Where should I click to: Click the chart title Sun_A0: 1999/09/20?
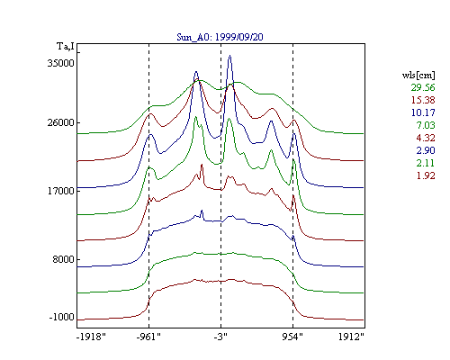(220, 37)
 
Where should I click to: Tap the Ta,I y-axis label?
(66, 47)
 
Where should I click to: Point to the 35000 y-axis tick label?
(60, 63)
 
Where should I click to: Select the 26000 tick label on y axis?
(60, 122)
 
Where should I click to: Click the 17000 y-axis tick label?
(60, 191)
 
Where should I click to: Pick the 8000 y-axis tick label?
(63, 259)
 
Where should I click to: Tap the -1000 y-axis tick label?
(61, 317)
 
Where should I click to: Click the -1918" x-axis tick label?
(91, 337)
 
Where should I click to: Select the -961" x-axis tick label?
(148, 337)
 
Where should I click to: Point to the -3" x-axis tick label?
(220, 337)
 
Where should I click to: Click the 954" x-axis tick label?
(292, 337)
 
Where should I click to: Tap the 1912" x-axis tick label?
(351, 337)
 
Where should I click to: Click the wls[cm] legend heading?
(418, 75)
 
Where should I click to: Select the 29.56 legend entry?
(423, 87)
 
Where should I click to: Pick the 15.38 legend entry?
(423, 100)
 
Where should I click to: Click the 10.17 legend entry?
(423, 112)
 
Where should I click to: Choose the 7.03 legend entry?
(426, 125)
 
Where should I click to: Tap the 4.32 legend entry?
(426, 138)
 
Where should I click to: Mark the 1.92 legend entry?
(426, 175)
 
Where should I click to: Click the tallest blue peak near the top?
(229, 56)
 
